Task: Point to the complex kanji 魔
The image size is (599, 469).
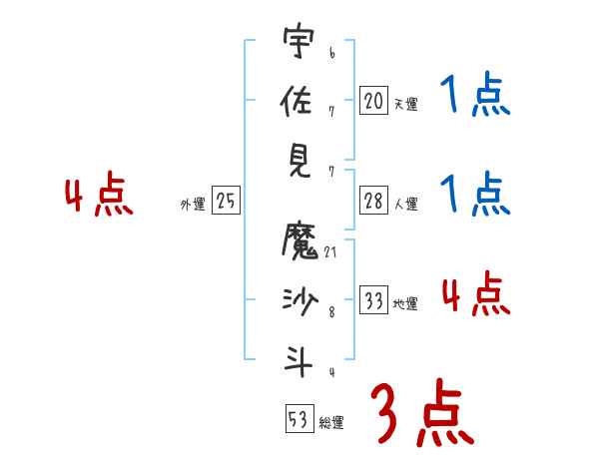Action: click(x=299, y=240)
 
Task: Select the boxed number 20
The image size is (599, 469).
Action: click(x=373, y=100)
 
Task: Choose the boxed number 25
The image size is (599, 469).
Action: click(x=226, y=202)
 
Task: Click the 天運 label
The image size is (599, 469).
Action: click(x=405, y=103)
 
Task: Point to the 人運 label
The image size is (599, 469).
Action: click(x=405, y=205)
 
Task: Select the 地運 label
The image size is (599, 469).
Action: click(x=405, y=304)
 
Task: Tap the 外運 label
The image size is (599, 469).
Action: click(x=192, y=205)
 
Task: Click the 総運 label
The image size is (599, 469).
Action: click(x=331, y=422)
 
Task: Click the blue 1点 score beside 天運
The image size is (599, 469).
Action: click(x=473, y=97)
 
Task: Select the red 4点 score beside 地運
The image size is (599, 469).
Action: click(x=475, y=294)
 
